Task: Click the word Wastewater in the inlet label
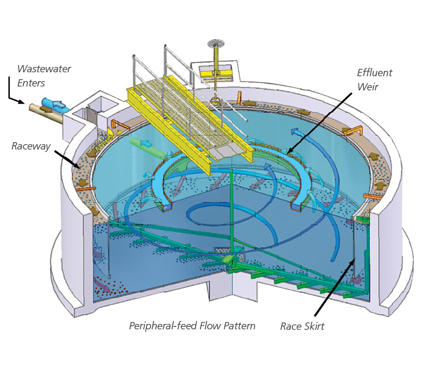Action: click(44, 69)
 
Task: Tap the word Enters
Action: click(32, 83)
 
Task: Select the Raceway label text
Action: click(31, 146)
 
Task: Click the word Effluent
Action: click(374, 73)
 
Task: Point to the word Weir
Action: click(367, 86)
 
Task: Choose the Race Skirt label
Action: click(302, 326)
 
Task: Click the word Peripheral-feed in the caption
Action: click(161, 326)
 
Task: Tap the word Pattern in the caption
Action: click(238, 326)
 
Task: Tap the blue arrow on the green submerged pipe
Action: click(146, 143)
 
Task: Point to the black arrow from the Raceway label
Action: click(67, 159)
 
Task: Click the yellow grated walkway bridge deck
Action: click(186, 117)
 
